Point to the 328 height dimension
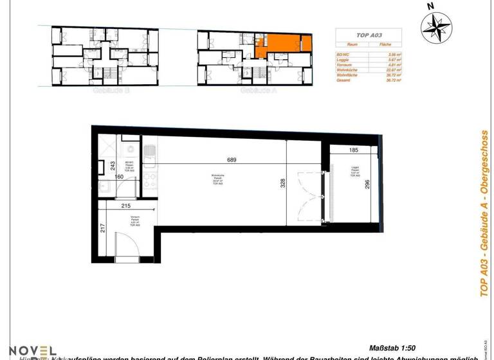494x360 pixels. tap(282, 184)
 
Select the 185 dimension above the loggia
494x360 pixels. tap(353, 150)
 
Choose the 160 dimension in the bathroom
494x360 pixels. tap(119, 177)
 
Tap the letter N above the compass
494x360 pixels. tap(431, 6)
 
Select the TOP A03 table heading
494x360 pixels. tap(369, 35)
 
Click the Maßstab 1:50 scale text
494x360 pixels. tap(394, 347)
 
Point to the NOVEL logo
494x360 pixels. tap(31, 351)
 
